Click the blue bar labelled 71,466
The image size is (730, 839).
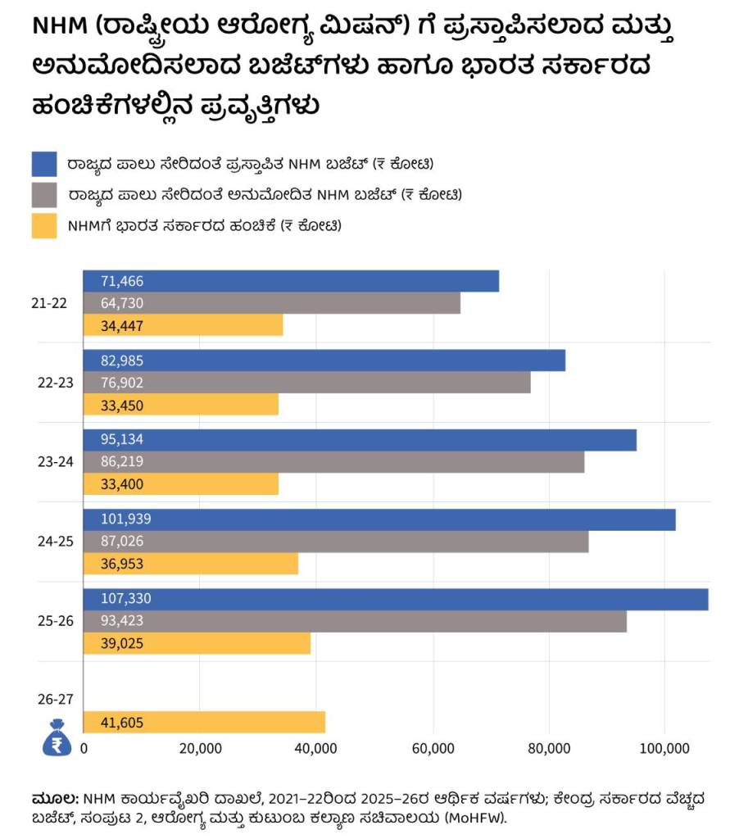coord(291,281)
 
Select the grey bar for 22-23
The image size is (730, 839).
coord(307,383)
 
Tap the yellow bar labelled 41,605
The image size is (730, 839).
coord(205,723)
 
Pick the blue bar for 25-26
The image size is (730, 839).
coord(396,599)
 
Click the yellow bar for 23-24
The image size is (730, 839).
coord(181,483)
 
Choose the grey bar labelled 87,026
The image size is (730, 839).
coord(336,542)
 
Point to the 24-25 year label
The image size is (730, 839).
coord(55,542)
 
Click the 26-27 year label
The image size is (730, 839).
coord(55,700)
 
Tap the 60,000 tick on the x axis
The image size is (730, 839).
coord(433,748)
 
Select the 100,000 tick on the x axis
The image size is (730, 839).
coord(664,748)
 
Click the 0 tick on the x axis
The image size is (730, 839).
coord(84,748)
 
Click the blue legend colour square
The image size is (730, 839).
coord(44,164)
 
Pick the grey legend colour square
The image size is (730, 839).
coord(44,195)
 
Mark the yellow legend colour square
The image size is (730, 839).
coord(44,226)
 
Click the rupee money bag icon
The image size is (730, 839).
coord(57,738)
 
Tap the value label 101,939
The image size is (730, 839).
coord(126,519)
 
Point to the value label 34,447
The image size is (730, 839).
coord(122,326)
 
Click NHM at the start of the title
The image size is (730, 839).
coord(60,25)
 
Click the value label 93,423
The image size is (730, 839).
coord(122,621)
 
